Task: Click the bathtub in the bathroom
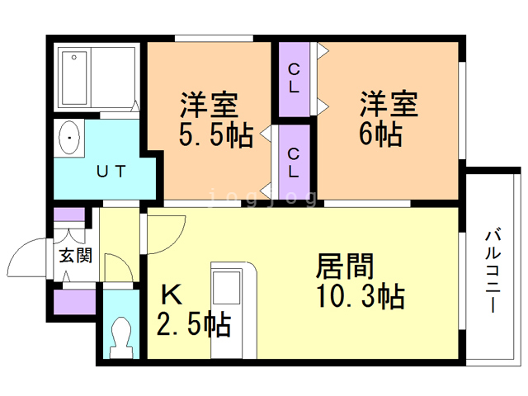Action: (x=74, y=78)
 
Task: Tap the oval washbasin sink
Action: (x=69, y=138)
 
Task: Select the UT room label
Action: (x=111, y=172)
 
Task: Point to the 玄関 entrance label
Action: (x=75, y=256)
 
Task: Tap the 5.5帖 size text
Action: (x=216, y=135)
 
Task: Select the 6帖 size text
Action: (x=380, y=134)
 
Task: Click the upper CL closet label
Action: (x=294, y=78)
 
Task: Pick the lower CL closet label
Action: (x=294, y=163)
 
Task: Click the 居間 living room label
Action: (x=345, y=266)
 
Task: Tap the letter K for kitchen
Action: (x=172, y=294)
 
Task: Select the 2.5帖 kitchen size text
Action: (x=194, y=324)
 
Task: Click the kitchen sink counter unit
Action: (x=233, y=310)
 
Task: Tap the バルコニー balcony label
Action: (x=493, y=271)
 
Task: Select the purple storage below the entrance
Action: (x=74, y=302)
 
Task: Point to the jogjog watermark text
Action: (x=262, y=198)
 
